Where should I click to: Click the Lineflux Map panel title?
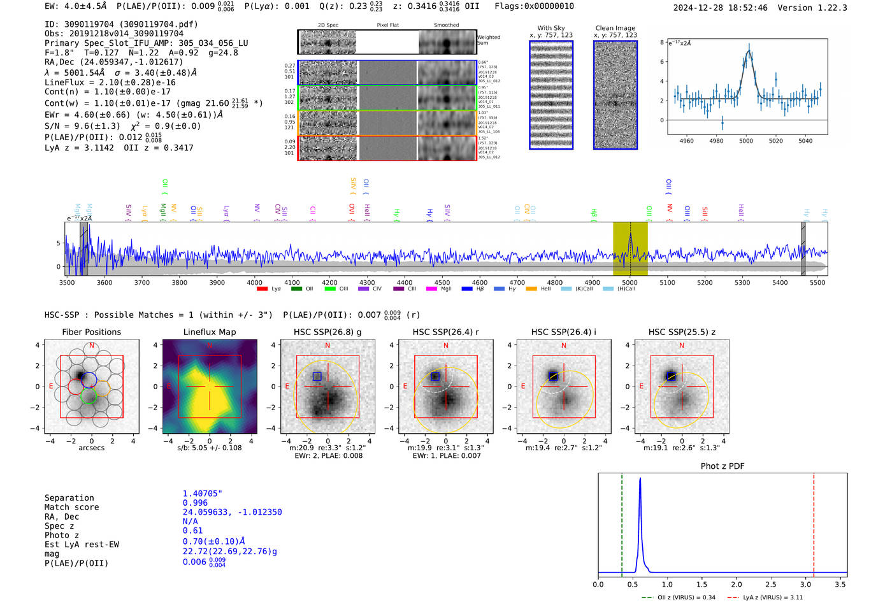tap(209, 332)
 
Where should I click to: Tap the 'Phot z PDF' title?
tap(723, 466)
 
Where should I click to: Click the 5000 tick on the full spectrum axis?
tap(629, 283)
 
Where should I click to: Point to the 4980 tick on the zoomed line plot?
tap(716, 141)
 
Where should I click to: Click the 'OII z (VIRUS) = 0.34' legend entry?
tap(679, 597)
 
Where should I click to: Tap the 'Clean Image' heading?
tap(615, 28)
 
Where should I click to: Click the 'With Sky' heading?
tap(551, 28)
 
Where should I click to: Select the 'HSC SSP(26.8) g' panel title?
tap(327, 332)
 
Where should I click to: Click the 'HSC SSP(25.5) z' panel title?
tap(682, 332)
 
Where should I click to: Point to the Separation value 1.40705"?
tap(203, 494)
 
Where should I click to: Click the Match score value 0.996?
tap(195, 503)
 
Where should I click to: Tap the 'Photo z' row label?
tap(62, 535)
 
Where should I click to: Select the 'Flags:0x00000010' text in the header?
tap(534, 6)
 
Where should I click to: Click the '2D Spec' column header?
tap(328, 25)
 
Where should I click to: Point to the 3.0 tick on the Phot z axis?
tap(806, 584)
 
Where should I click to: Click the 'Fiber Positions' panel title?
tap(91, 332)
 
